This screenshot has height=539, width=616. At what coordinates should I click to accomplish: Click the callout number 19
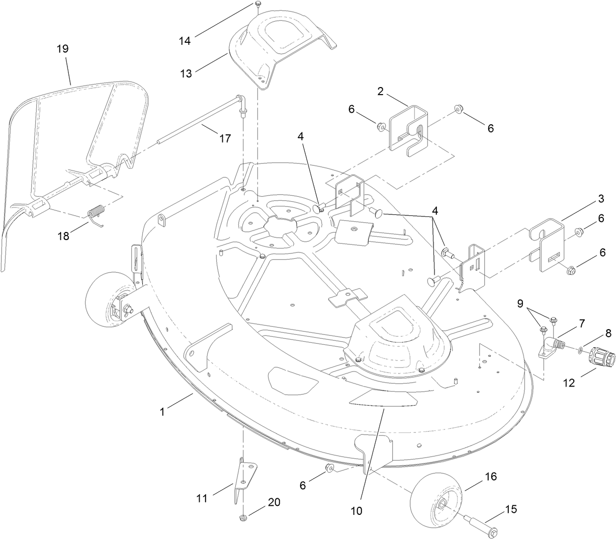coord(63,49)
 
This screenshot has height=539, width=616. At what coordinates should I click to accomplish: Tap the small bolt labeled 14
coord(257,5)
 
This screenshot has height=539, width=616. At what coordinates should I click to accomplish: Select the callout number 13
coord(186,73)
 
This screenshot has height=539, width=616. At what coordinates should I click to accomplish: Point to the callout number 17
coord(225,138)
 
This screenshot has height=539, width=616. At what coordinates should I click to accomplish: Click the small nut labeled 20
coord(243,518)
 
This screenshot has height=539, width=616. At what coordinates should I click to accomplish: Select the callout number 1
coord(162,412)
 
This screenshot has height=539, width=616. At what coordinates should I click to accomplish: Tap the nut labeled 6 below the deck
coord(330,469)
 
